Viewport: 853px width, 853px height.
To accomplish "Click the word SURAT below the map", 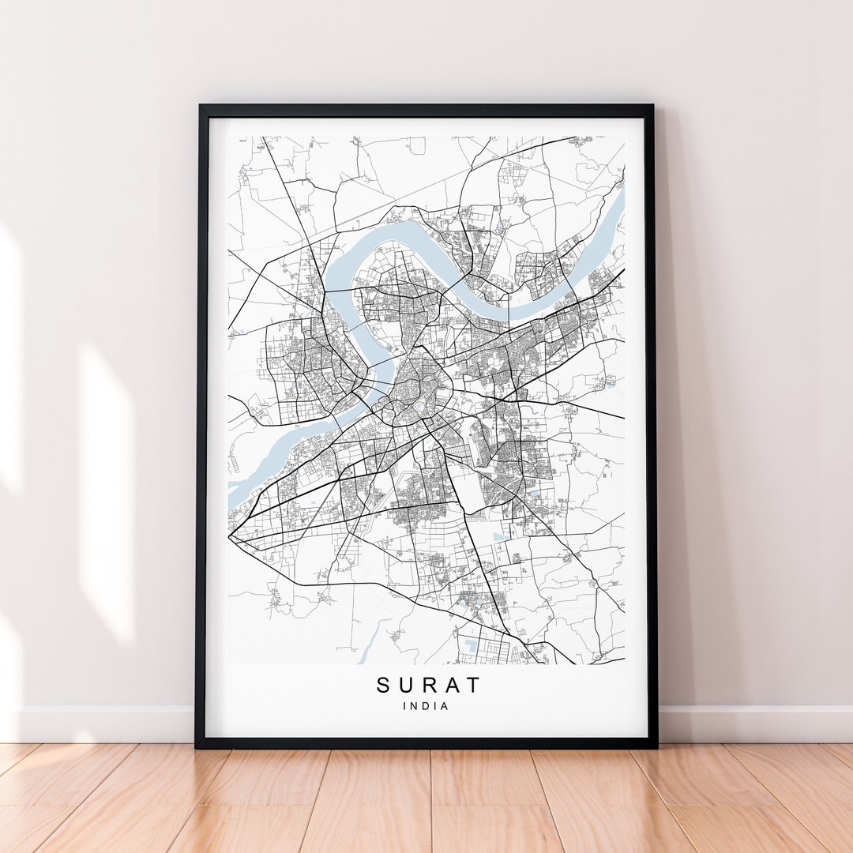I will tap(427, 685).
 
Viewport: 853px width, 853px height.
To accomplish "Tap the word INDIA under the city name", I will tap(426, 706).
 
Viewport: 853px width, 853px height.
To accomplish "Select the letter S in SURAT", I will tap(384, 685).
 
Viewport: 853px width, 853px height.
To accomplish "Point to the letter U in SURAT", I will tap(405, 685).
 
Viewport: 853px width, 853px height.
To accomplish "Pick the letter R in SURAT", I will tap(427, 685).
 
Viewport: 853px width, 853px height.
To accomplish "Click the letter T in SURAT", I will tap(472, 685).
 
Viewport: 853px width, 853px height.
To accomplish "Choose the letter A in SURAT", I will tap(449, 685).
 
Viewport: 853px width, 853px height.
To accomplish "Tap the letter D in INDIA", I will tap(426, 706).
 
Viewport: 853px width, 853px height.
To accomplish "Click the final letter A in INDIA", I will tap(445, 706).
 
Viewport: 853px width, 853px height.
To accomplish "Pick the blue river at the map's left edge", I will tap(237, 490).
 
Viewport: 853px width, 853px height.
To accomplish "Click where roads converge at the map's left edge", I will tap(231, 537).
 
